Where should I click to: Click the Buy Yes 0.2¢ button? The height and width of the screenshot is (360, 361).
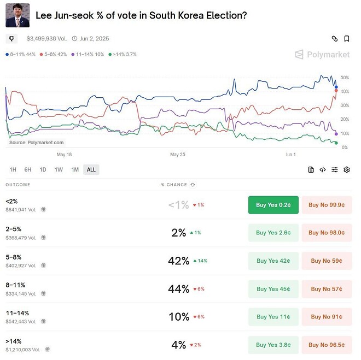(273, 205)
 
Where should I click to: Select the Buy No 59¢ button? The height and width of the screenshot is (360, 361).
(326, 261)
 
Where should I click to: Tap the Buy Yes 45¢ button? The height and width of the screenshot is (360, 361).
(273, 288)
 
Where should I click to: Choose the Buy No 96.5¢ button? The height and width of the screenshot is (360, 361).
(326, 345)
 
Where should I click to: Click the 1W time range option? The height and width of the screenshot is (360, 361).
(59, 169)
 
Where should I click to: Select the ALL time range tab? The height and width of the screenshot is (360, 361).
(91, 169)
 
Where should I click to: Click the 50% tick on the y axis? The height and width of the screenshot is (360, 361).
(344, 78)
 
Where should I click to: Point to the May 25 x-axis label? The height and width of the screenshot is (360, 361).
(178, 155)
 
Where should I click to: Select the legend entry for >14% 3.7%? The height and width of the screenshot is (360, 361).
(123, 55)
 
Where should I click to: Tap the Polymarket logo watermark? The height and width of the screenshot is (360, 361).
(322, 55)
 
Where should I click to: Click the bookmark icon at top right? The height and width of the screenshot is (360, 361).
(347, 39)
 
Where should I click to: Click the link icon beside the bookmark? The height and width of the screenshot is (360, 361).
(334, 39)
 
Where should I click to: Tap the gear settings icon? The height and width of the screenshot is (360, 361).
(347, 170)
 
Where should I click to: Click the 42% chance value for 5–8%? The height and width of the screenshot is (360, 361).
(178, 261)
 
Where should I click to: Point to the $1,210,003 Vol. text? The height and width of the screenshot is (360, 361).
(23, 349)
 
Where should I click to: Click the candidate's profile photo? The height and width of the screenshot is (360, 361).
(18, 15)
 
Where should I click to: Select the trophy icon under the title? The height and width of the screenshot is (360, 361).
(11, 39)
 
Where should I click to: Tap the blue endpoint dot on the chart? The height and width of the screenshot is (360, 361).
(336, 87)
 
